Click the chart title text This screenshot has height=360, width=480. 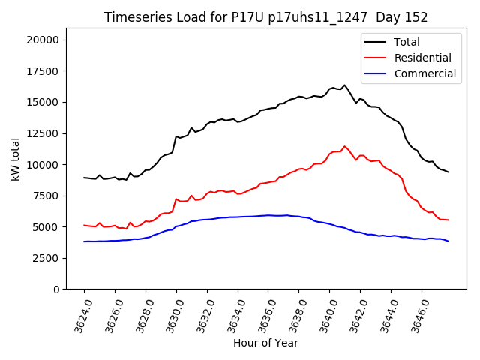coord(266,17)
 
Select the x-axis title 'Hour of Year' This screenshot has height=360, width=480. coord(265,343)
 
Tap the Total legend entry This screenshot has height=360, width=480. coord(406,42)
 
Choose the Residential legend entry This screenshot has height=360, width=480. coord(422,58)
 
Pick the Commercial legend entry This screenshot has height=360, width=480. coord(424,73)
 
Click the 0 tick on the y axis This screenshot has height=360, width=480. coord(57,289)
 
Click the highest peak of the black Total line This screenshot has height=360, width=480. coord(345,85)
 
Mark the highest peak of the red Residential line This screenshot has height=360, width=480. coord(345,146)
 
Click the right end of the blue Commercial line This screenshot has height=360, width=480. coord(448,241)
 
